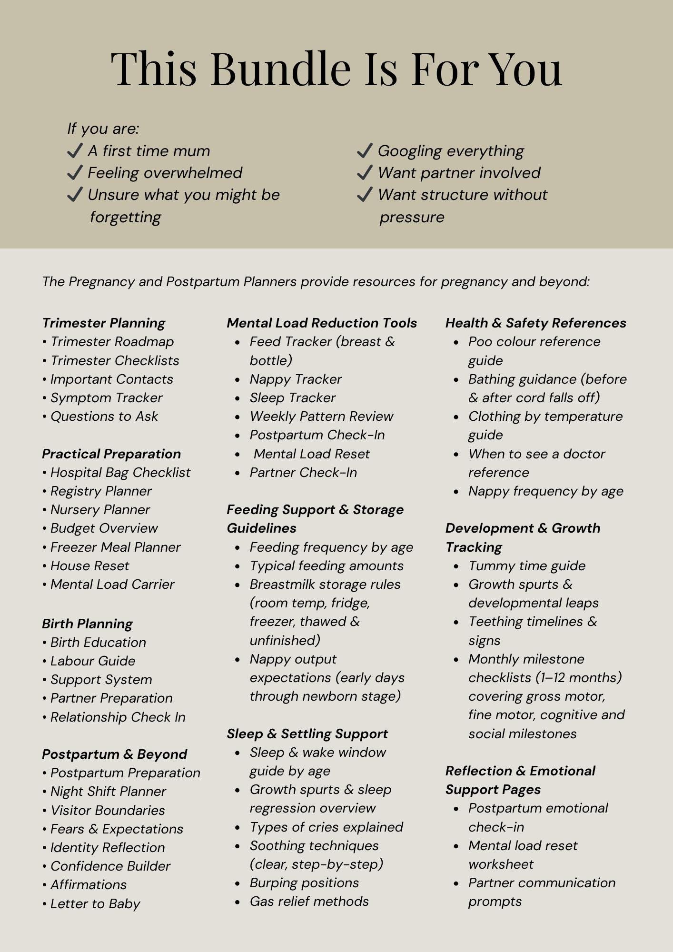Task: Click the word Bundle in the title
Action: pos(281,69)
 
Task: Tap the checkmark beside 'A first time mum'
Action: pos(75,151)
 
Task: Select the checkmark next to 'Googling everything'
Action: pos(364,151)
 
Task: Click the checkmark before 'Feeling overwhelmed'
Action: pos(75,173)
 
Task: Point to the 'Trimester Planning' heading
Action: pos(103,323)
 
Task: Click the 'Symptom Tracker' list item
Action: pos(106,398)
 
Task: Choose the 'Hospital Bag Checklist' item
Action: pos(120,473)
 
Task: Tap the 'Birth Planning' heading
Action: pos(87,624)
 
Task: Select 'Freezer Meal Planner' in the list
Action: pos(115,547)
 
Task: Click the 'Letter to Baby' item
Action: pos(95,904)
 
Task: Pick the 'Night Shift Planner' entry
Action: pos(108,792)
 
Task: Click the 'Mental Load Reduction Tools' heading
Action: pos(322,323)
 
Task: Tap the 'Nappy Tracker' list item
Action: pos(296,379)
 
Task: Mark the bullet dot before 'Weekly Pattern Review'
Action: pos(238,417)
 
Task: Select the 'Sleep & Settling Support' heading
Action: pos(307,734)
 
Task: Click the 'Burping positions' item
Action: pos(304,883)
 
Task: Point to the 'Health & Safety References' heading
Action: pos(535,323)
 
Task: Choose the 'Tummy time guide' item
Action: pos(527,566)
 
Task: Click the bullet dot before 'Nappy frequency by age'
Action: pos(456,492)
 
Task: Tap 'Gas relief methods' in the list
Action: pos(309,902)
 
